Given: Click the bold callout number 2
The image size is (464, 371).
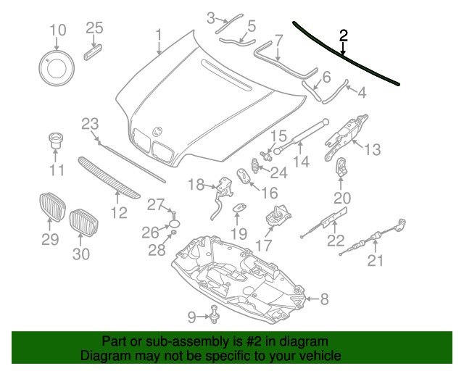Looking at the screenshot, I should [x=344, y=35].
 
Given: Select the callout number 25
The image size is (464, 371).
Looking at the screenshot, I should [x=95, y=28].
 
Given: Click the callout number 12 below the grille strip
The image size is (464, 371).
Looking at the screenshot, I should [x=118, y=212].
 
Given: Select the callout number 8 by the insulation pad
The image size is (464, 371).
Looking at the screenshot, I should [x=324, y=298].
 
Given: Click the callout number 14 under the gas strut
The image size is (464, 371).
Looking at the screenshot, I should [x=301, y=162].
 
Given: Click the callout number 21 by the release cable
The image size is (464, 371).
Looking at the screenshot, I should [x=374, y=261].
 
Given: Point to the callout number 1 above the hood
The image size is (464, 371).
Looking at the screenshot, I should [x=158, y=34].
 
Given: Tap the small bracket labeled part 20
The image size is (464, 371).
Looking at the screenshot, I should [x=341, y=168].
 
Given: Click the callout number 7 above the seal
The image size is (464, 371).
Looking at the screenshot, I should [x=278, y=39].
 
